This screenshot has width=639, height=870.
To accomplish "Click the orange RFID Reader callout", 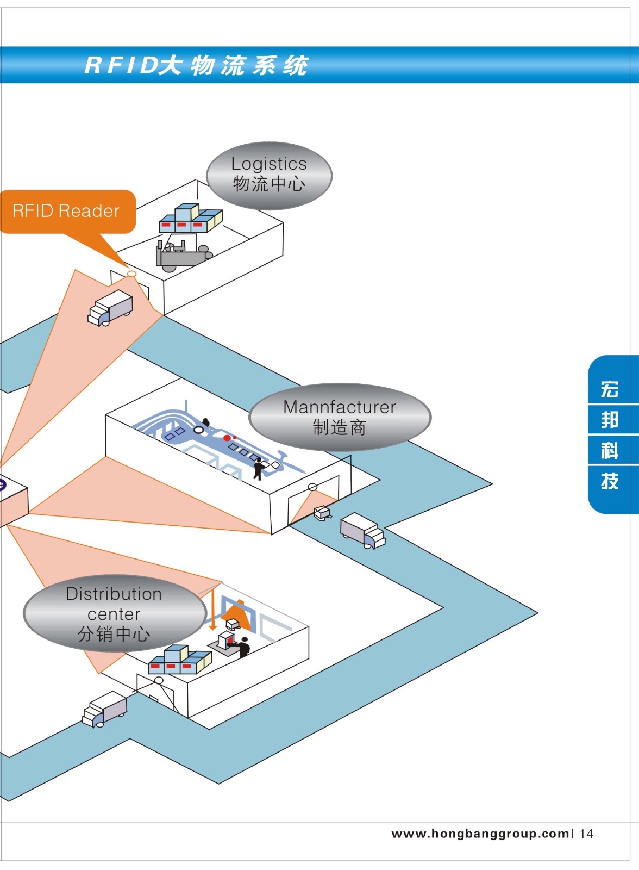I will pyautogui.click(x=66, y=211).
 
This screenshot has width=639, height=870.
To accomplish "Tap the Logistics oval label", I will pyautogui.click(x=269, y=175).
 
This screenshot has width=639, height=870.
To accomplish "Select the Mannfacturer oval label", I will pyautogui.click(x=340, y=417).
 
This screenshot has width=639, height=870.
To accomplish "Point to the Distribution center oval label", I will pyautogui.click(x=114, y=613).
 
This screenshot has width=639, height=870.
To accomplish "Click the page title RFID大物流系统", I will pyautogui.click(x=196, y=65).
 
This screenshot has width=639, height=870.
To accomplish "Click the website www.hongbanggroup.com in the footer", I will pyautogui.click(x=480, y=834).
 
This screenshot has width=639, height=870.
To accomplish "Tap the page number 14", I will pyautogui.click(x=586, y=834).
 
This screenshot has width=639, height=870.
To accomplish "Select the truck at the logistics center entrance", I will pyautogui.click(x=110, y=308).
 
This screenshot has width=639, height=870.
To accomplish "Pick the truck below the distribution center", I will pyautogui.click(x=104, y=710).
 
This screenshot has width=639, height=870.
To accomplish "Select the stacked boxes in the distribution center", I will pyautogui.click(x=180, y=659).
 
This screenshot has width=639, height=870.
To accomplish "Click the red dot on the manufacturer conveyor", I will pyautogui.click(x=227, y=438).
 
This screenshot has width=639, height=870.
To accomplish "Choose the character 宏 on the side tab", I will pyautogui.click(x=610, y=389).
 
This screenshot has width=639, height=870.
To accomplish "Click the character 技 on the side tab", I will pyautogui.click(x=610, y=481).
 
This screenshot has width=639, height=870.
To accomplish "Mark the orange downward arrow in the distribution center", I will pyautogui.click(x=213, y=609).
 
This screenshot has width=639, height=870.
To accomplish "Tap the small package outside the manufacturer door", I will pyautogui.click(x=322, y=512).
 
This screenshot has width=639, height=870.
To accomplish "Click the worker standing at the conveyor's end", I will pyautogui.click(x=259, y=468).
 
